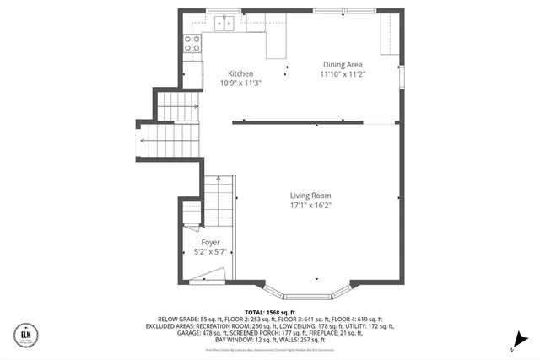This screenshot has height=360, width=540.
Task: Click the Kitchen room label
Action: [x=235, y=73]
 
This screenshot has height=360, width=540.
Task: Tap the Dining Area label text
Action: [x=343, y=64]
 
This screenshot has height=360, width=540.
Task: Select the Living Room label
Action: [x=310, y=195]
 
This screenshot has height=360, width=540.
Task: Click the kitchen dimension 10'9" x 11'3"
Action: [x=240, y=83]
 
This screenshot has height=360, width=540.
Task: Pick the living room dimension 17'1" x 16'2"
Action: [x=310, y=205]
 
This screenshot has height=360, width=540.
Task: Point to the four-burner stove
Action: [x=192, y=43]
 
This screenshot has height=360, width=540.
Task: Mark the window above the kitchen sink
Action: [x=221, y=11]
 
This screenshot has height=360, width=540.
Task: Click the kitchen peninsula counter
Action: [x=277, y=46]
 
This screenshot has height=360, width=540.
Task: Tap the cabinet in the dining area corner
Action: [x=389, y=34]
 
